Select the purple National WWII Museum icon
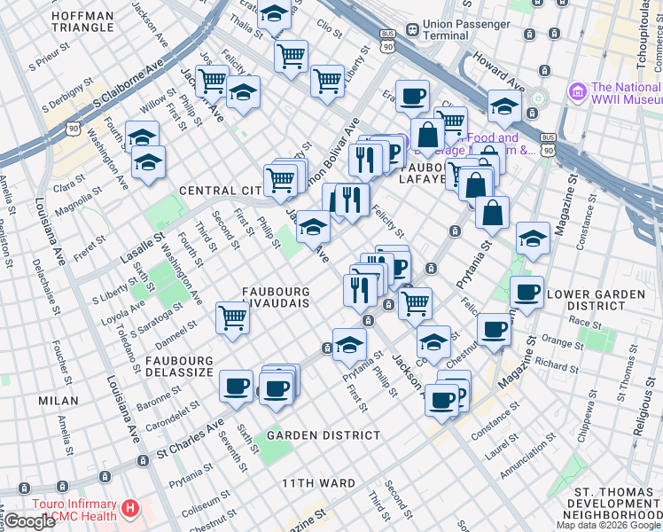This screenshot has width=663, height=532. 578,91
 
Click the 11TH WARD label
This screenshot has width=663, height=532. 319,483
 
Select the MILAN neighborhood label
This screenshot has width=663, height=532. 58,401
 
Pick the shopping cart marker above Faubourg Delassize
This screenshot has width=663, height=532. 232,316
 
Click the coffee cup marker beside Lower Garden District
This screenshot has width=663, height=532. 526,292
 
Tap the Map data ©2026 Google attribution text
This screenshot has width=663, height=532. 608,525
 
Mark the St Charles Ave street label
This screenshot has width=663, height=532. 191,440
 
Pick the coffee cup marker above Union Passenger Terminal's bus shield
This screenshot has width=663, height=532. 411,96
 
